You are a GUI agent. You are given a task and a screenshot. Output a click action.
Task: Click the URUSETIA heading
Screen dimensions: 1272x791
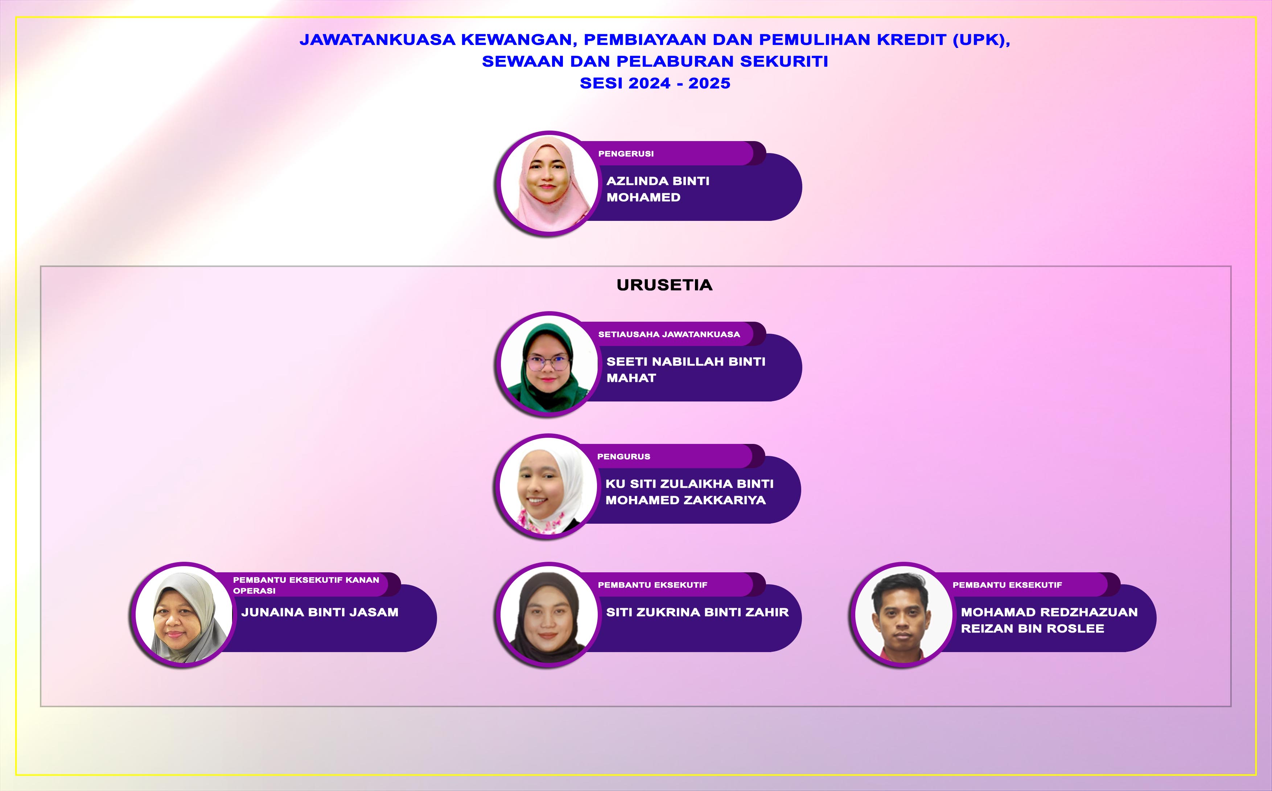(x=664, y=285)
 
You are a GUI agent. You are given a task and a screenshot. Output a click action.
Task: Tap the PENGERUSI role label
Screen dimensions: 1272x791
(x=626, y=154)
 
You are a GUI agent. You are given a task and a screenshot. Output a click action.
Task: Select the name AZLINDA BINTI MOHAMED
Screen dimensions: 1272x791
(x=658, y=189)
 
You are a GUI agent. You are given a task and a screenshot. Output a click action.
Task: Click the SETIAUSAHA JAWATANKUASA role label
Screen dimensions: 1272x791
(x=669, y=334)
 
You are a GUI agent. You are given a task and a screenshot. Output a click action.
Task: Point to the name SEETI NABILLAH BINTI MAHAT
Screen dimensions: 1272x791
(x=686, y=369)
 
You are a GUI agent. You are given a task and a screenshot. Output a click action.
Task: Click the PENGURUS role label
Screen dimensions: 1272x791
(x=623, y=457)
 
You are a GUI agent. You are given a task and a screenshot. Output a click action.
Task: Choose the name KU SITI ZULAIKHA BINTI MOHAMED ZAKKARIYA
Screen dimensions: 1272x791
(x=689, y=492)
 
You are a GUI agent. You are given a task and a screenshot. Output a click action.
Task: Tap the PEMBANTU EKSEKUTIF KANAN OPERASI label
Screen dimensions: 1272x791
(x=306, y=585)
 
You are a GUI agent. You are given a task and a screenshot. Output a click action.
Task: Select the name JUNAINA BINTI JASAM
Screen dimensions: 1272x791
(x=320, y=612)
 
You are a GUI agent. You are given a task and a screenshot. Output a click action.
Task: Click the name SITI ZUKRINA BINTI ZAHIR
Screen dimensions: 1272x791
(x=697, y=612)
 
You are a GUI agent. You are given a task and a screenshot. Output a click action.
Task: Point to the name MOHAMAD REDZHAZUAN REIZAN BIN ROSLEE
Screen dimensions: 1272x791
(x=1049, y=620)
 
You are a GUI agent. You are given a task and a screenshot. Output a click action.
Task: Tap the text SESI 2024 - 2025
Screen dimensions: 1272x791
(x=655, y=83)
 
